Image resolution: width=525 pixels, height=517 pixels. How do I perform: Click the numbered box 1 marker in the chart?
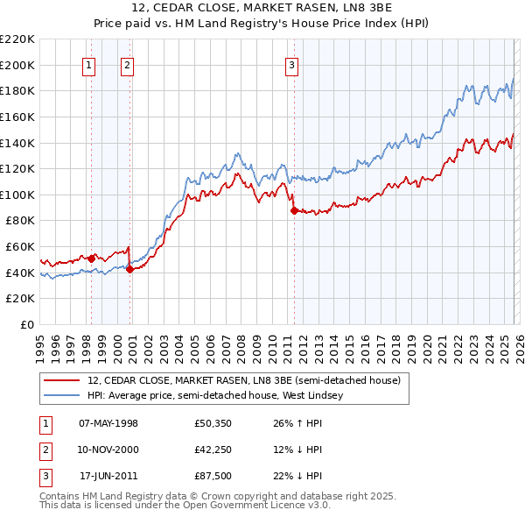[x=89, y=64]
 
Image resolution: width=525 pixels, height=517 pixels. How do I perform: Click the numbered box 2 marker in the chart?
[x=128, y=64]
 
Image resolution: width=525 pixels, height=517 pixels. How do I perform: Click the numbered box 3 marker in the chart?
[x=291, y=64]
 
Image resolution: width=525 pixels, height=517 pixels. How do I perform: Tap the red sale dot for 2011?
[x=293, y=209]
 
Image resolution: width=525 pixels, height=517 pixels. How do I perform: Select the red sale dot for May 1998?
[x=91, y=258]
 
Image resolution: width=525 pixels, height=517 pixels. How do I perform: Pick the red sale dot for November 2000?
[x=129, y=269]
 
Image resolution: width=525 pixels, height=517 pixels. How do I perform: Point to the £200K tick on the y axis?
[x=17, y=65]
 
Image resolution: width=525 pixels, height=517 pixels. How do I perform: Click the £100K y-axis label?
[x=17, y=195]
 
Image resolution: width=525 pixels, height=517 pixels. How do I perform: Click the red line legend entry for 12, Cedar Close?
[x=244, y=380]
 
